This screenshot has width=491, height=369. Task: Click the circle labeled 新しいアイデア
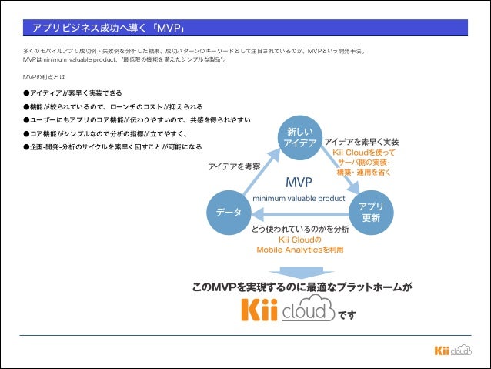point(299,136)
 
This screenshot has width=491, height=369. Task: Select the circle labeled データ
point(229,212)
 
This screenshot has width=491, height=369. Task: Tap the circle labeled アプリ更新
point(371,212)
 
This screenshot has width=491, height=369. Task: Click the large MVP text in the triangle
point(299,183)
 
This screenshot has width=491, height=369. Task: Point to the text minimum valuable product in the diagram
point(299,198)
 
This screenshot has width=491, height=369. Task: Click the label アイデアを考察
point(234,166)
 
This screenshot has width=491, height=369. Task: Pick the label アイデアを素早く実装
point(361,142)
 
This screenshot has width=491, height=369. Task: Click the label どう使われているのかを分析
point(300,230)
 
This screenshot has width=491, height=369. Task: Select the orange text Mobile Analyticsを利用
point(300,250)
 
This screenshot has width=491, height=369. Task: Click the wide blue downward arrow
point(300,271)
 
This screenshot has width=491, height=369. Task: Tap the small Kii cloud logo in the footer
point(452,351)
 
